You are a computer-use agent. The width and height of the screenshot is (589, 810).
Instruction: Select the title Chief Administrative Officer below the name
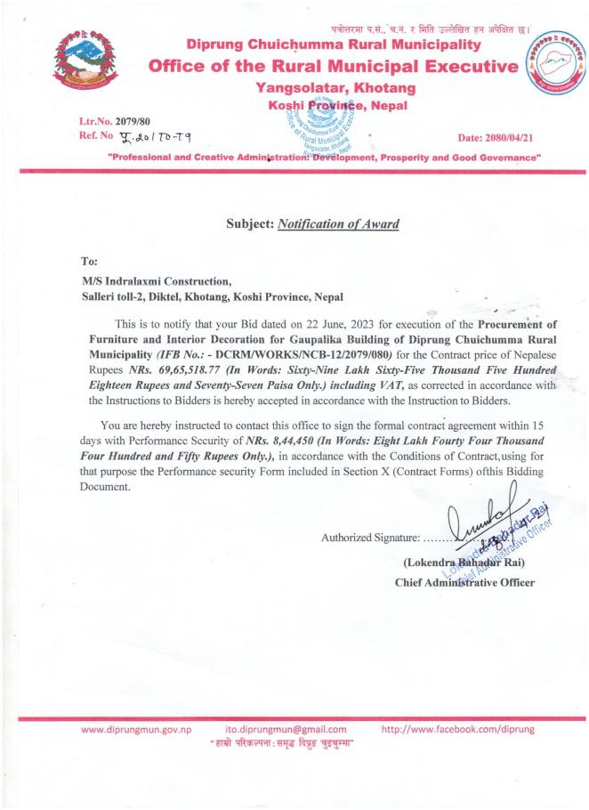(464, 583)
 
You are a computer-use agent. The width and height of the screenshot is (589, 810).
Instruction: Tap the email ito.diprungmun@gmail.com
(285, 732)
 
